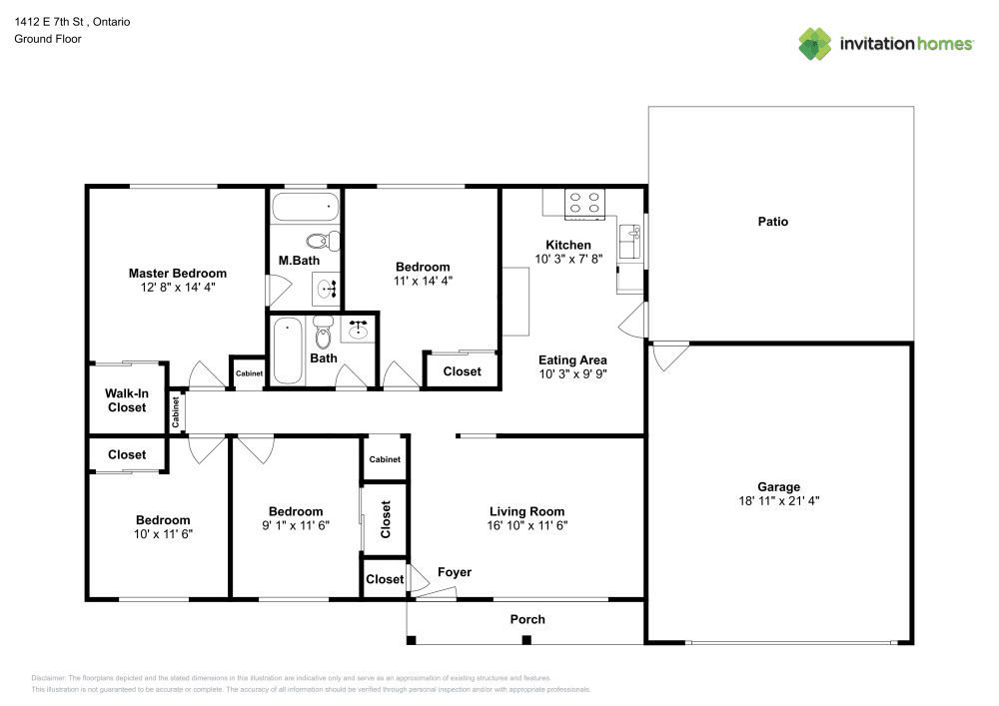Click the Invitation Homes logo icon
tap(814, 43)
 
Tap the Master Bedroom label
tap(177, 273)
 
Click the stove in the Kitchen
tap(585, 204)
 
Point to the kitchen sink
tap(629, 242)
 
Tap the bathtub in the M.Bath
tap(306, 208)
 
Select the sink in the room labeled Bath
tap(358, 329)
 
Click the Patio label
tap(772, 222)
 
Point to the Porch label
tap(527, 619)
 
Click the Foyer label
tap(455, 572)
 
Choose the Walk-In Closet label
tap(127, 400)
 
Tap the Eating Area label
tap(572, 360)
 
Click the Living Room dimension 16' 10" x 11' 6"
tap(526, 525)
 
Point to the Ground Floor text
tap(48, 39)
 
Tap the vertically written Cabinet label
tap(176, 412)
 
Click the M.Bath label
tap(298, 262)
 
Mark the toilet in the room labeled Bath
tap(322, 327)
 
